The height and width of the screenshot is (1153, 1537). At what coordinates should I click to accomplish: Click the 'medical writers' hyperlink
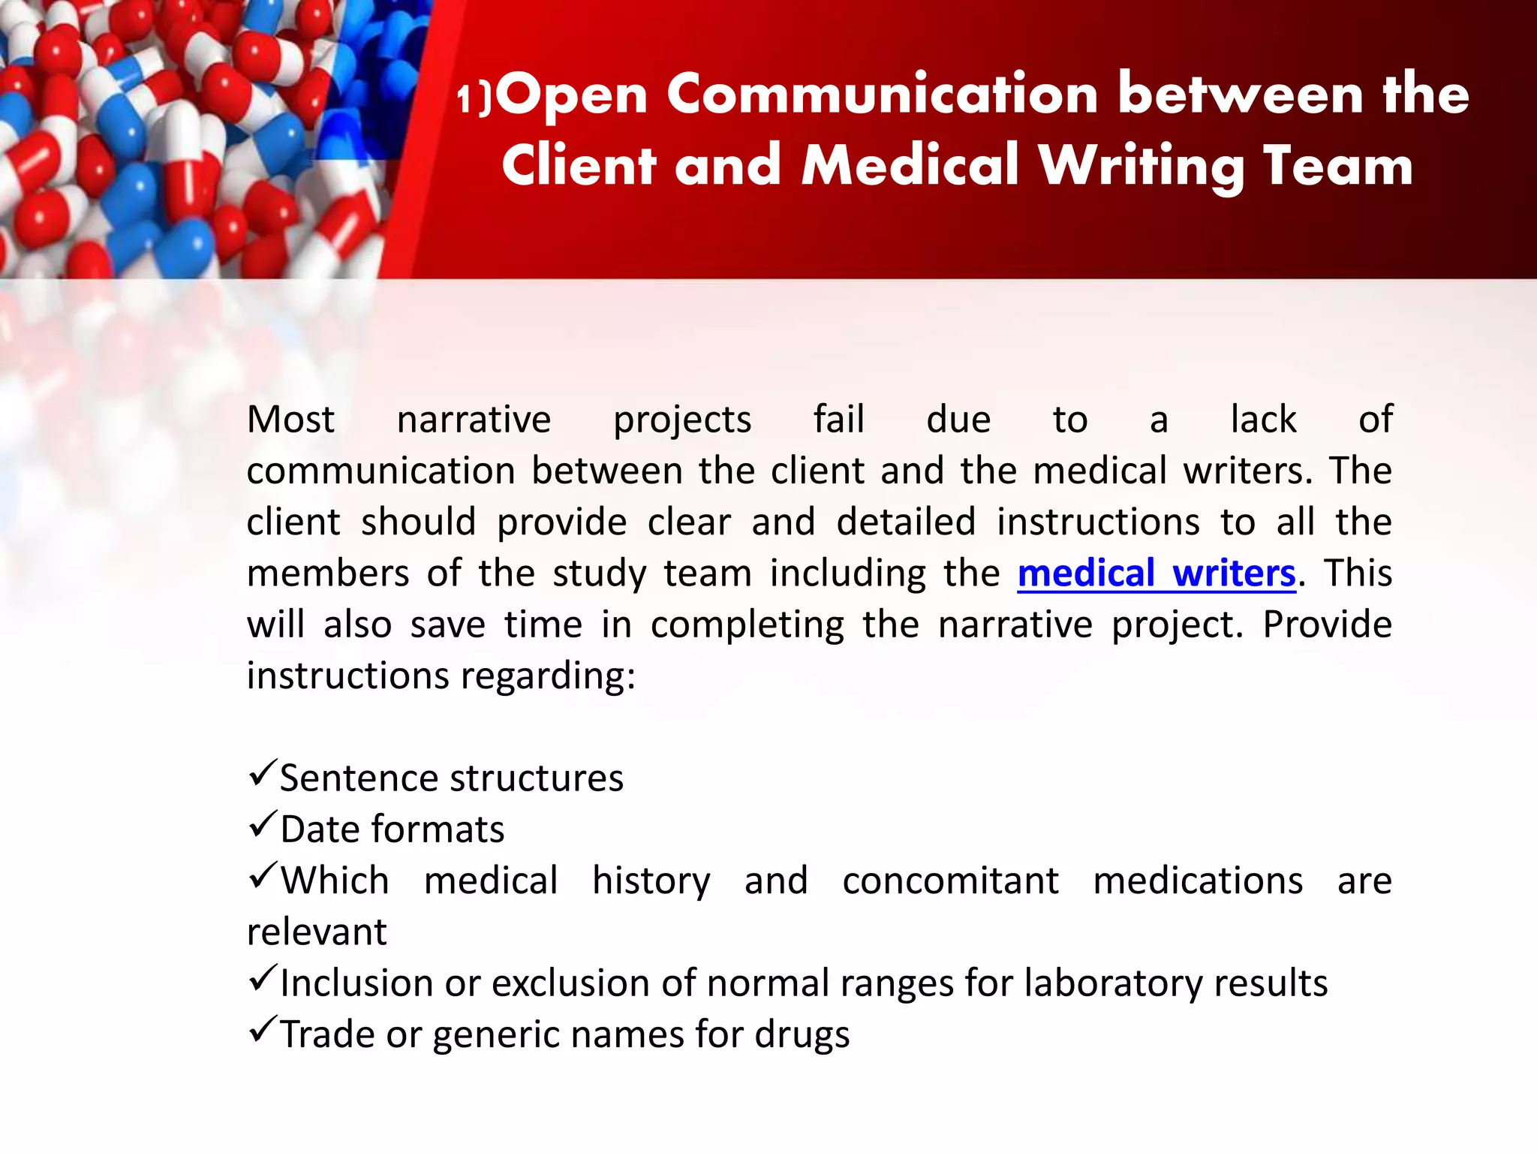tap(1156, 573)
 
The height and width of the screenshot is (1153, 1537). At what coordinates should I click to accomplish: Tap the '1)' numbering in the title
tap(474, 99)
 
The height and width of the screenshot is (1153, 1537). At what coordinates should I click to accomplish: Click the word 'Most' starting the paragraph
tap(290, 420)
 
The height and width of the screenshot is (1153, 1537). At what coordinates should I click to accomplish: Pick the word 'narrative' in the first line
tap(474, 420)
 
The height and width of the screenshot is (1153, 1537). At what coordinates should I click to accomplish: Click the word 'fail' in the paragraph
tap(838, 420)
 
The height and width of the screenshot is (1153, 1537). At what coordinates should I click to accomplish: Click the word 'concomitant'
tap(950, 881)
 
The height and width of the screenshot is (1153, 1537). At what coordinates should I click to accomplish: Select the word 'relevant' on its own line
tap(317, 932)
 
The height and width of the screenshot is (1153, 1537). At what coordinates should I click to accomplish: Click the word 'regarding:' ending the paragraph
tap(548, 676)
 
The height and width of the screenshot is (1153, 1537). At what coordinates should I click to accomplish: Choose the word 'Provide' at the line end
tap(1327, 625)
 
